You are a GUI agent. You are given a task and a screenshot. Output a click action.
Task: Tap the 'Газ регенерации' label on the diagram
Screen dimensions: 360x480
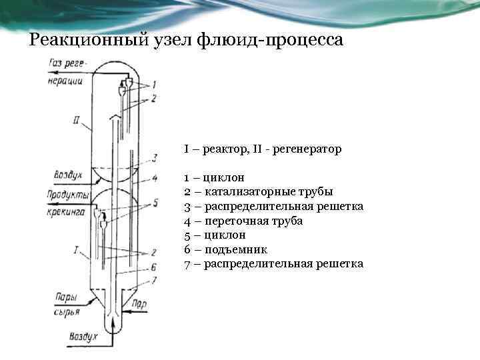coord(66,72)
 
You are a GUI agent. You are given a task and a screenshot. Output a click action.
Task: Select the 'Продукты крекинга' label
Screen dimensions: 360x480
coord(66,203)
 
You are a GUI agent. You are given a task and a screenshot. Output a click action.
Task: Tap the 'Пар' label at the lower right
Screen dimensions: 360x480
coord(139,303)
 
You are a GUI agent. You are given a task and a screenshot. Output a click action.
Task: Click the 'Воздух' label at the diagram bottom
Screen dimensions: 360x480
coord(83,337)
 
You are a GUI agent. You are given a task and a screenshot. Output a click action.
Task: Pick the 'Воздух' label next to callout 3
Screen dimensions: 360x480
coord(67,175)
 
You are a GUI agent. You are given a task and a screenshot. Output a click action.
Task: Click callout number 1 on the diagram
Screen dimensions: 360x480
coord(154,85)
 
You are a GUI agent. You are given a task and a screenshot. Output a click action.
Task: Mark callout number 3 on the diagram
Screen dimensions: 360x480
coord(154,158)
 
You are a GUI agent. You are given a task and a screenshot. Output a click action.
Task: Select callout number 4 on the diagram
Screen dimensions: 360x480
coord(154,178)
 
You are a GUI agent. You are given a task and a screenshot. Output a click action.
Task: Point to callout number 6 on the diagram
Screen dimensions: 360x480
coord(154,266)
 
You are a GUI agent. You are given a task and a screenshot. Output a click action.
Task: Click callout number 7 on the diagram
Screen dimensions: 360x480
coord(154,280)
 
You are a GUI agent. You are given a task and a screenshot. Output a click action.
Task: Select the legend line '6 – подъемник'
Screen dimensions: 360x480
coord(226,249)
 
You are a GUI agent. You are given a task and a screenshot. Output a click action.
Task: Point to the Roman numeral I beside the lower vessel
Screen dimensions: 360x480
coord(77,251)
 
